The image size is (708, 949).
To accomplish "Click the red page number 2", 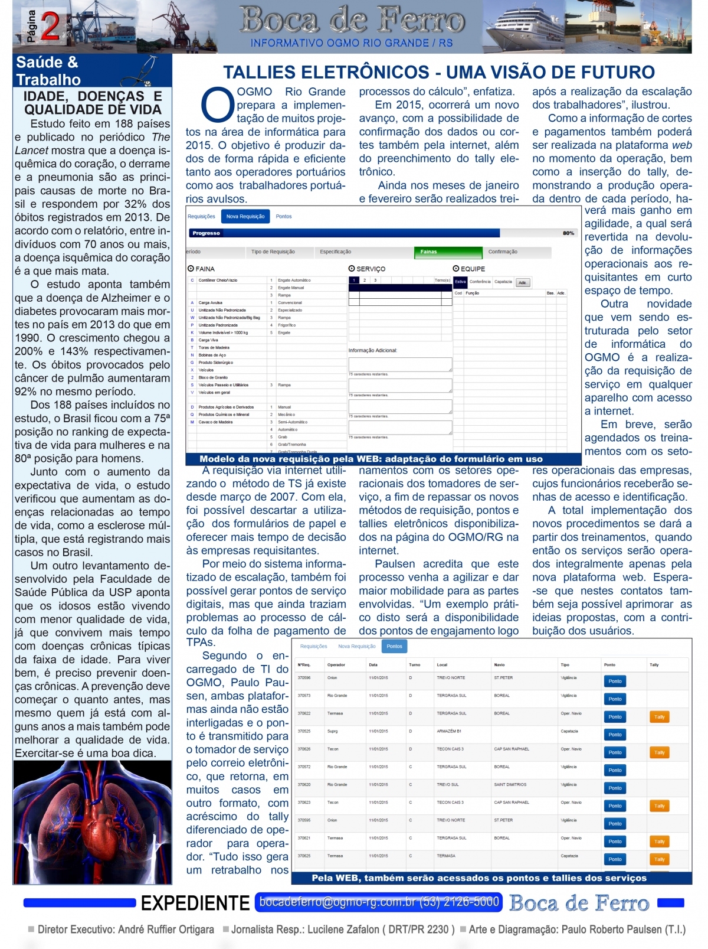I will [50, 27].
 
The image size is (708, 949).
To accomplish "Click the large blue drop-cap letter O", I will [217, 105].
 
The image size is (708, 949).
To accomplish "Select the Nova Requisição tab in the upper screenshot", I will [245, 217].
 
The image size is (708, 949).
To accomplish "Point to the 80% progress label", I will [568, 233].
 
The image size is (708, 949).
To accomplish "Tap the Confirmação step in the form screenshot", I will [503, 252].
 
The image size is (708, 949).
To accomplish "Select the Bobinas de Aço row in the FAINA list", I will [212, 356].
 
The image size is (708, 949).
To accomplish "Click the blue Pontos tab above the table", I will [394, 647].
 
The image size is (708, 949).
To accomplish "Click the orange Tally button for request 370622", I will [659, 717].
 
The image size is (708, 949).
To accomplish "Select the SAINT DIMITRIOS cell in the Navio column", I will [510, 785].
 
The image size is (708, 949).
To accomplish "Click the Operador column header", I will [336, 665].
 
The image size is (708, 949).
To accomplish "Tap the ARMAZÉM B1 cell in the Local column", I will [449, 731].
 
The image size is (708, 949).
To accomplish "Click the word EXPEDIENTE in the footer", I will [195, 904].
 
